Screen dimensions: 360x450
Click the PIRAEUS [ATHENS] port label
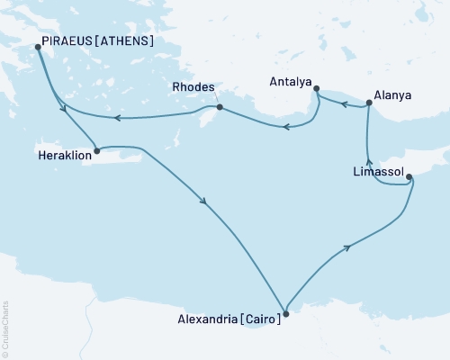click(x=94, y=41)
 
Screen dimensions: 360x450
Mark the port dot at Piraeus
click(x=37, y=47)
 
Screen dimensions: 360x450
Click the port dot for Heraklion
click(x=95, y=149)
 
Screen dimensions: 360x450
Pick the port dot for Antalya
click(x=314, y=87)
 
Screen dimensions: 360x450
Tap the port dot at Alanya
click(x=369, y=106)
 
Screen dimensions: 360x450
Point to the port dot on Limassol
click(x=409, y=176)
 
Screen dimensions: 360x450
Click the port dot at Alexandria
click(x=285, y=314)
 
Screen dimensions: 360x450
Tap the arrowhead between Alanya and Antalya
click(x=343, y=103)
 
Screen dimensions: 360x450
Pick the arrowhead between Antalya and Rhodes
click(x=285, y=127)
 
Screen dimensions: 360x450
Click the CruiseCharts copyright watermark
click(x=5, y=328)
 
